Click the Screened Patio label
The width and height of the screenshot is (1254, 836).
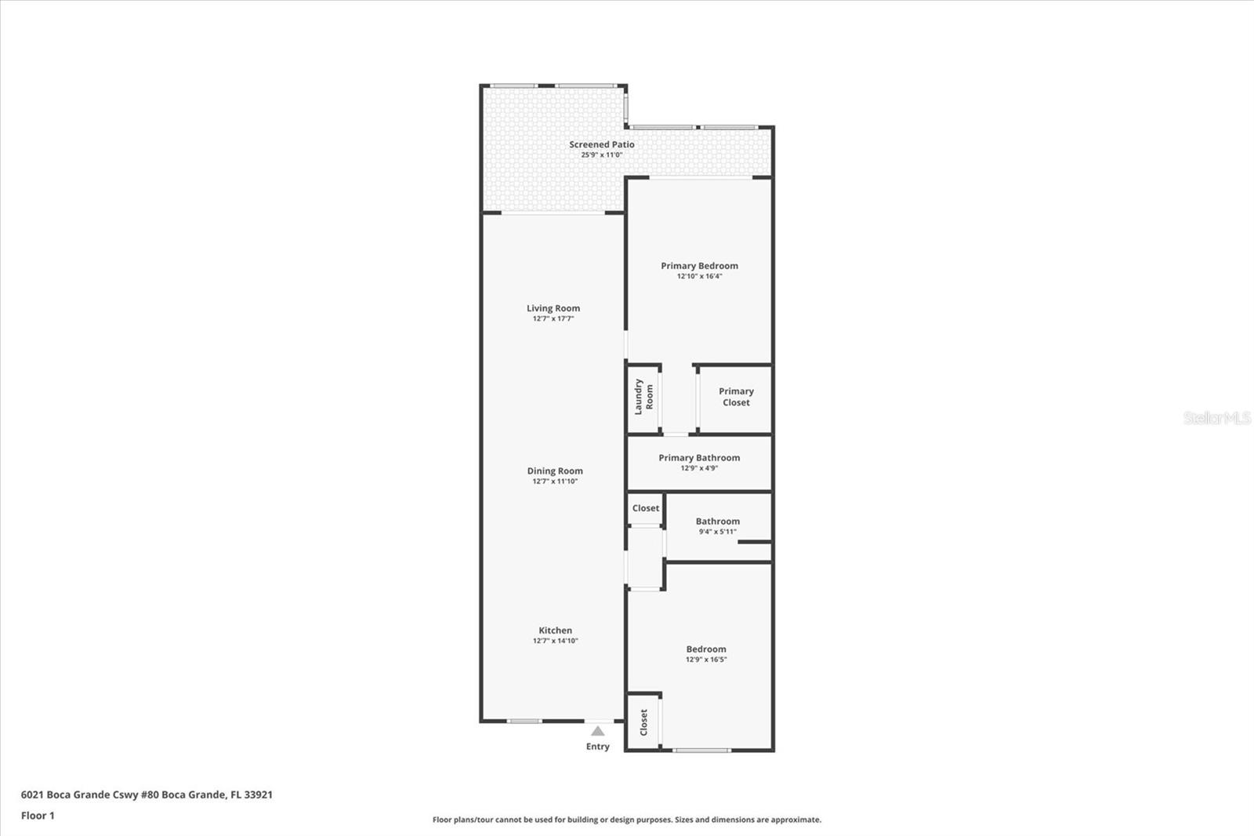tap(602, 144)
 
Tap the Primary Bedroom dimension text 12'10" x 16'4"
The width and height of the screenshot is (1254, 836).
tap(699, 276)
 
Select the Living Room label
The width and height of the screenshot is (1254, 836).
tap(553, 308)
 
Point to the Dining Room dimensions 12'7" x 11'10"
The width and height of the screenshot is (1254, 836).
tap(555, 482)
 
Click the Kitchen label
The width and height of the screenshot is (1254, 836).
tap(556, 631)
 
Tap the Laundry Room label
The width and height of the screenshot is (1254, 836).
tap(643, 397)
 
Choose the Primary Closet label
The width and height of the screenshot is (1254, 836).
tap(736, 397)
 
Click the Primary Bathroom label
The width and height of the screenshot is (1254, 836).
tap(699, 458)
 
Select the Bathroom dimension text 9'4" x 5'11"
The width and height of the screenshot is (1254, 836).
tap(718, 532)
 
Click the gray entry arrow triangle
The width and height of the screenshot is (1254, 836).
tap(598, 731)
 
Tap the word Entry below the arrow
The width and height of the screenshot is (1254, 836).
tap(598, 747)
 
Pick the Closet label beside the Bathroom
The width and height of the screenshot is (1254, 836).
tap(646, 508)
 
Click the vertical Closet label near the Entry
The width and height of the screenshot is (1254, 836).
tap(643, 722)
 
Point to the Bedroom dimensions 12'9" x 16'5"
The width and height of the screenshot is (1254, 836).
tap(706, 660)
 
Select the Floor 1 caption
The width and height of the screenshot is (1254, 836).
tap(38, 816)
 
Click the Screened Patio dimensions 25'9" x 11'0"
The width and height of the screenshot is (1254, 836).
tap(602, 155)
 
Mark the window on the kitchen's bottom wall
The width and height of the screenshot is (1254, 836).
tap(524, 722)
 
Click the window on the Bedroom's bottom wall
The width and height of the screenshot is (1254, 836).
tap(701, 750)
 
